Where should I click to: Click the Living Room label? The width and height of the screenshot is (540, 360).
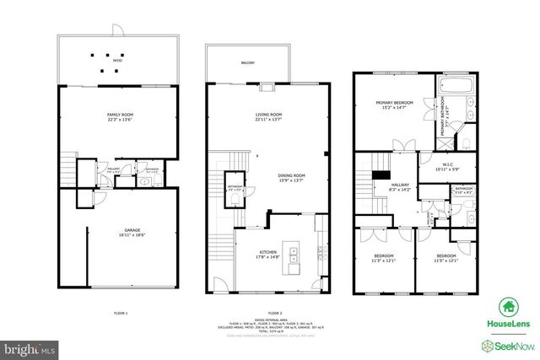[268, 114]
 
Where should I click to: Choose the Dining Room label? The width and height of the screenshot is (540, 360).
[291, 175]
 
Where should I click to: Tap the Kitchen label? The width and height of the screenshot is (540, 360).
[268, 251]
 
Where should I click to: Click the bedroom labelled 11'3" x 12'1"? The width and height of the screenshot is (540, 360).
[383, 255]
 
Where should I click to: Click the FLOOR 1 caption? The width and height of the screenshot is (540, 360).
[120, 312]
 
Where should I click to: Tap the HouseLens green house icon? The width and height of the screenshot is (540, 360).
[507, 307]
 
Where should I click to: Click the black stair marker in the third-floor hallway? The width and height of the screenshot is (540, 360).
[381, 175]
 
